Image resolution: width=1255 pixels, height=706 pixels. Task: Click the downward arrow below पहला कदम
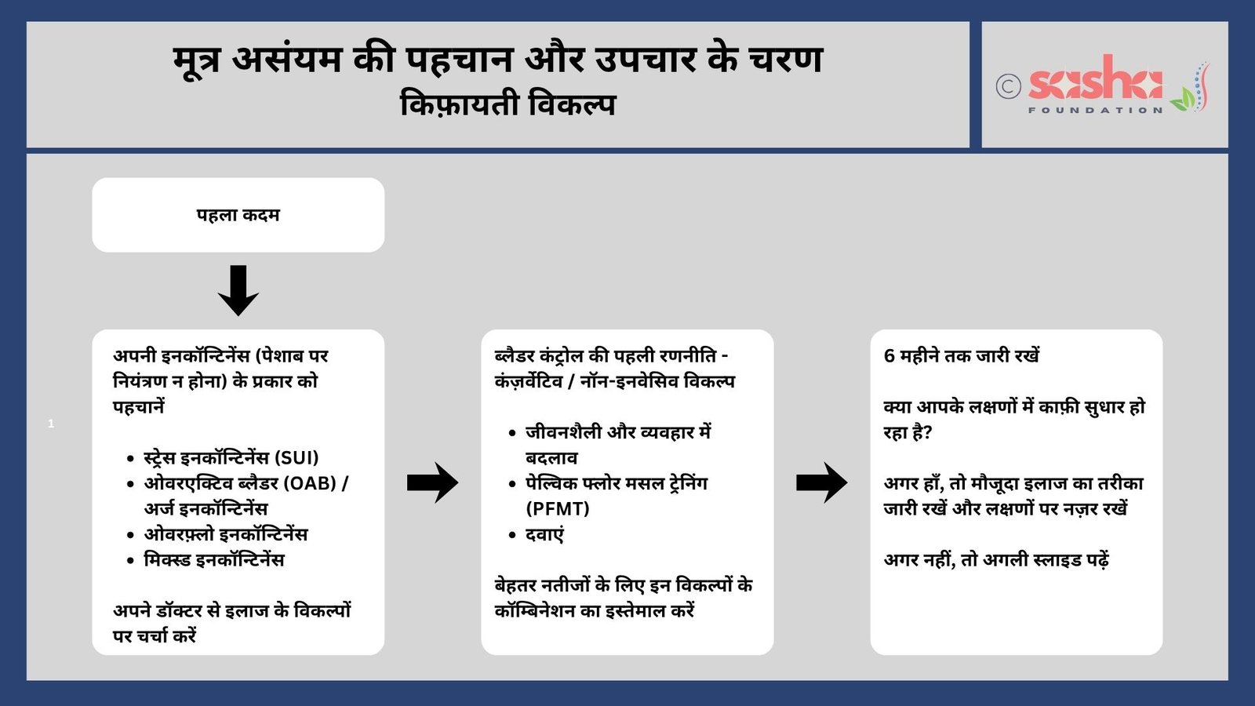point(238,290)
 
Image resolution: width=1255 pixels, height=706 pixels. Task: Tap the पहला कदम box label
point(238,215)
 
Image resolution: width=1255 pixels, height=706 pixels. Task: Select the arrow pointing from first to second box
point(432,482)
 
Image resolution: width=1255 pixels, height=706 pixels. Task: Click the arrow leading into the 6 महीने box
point(822,482)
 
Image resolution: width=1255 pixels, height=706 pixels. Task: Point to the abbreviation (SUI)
point(296,458)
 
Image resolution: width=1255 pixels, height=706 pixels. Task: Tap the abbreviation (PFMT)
point(558,509)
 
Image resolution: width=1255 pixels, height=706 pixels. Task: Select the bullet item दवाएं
point(544,534)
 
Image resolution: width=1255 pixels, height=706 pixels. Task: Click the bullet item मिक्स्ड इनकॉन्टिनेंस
point(214,560)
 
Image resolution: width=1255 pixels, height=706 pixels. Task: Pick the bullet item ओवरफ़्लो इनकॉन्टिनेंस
point(226,534)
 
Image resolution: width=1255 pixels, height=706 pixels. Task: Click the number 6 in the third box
point(889,356)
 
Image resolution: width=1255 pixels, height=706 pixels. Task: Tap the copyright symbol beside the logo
point(1009,86)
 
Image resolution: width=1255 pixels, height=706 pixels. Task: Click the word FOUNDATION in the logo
point(1096,111)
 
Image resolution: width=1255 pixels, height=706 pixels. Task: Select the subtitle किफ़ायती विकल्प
point(507,105)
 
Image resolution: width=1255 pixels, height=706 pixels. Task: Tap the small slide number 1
point(51,424)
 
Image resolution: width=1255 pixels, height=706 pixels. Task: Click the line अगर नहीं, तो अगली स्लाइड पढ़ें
point(996,560)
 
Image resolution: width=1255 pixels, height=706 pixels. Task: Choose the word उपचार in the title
point(646,60)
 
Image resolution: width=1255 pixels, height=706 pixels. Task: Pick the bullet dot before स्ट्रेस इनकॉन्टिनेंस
point(130,459)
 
